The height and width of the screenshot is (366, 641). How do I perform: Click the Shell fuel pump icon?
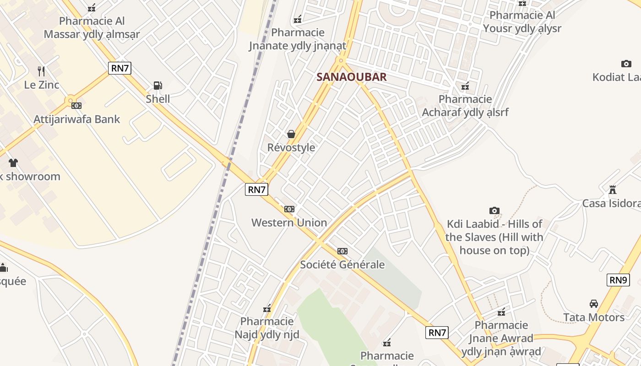158,86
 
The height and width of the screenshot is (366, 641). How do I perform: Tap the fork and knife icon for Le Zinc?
41,71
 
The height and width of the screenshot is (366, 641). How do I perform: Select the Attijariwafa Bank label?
76,119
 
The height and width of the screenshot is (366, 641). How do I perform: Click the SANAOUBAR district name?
352,77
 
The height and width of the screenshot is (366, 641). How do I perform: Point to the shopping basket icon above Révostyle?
291,134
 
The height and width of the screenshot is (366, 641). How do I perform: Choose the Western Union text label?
289,223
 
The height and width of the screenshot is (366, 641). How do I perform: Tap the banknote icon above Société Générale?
342,251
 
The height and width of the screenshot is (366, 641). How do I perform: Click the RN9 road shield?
618,280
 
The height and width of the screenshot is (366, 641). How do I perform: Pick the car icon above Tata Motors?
594,304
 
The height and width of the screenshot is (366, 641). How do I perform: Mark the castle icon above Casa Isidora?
612,189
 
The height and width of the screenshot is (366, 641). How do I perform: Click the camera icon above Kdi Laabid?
494,210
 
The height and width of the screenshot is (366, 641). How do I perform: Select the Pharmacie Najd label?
267,328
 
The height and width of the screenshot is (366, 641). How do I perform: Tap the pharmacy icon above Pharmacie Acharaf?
465,86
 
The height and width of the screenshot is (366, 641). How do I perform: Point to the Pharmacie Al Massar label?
92,27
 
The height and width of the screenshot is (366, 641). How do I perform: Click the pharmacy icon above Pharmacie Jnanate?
298,19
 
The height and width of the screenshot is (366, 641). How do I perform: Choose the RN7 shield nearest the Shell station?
120,69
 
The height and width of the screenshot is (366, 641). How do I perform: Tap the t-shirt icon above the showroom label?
13,162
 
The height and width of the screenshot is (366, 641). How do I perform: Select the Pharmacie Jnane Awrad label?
501,339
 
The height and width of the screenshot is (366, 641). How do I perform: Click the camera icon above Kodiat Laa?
626,64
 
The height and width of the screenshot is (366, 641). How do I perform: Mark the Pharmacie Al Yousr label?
522,22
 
